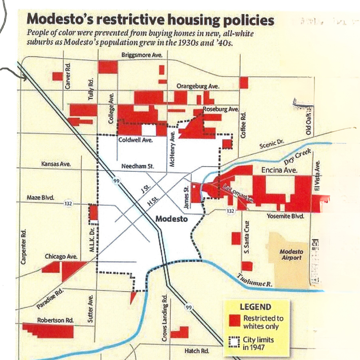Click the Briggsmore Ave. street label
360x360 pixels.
click(142, 55)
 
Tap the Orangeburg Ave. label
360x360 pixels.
click(198, 86)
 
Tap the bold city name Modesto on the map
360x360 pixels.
click(172, 219)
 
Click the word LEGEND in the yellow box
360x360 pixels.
click(256, 307)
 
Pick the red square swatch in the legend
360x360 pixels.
click(235, 320)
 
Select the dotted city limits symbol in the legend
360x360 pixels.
click(235, 342)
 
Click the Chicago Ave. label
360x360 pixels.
click(61, 257)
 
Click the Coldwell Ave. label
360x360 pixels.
click(136, 140)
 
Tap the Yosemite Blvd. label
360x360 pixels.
click(286, 216)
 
